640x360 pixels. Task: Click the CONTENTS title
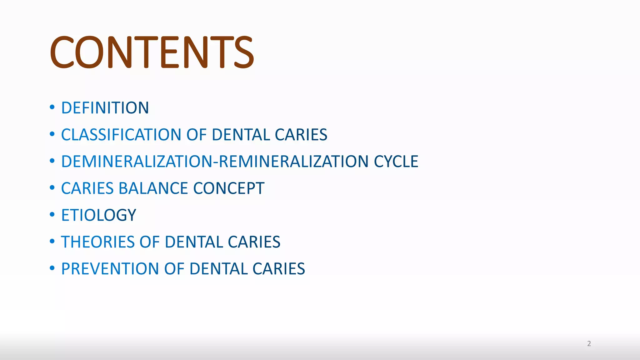(x=152, y=52)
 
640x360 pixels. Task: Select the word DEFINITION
(x=105, y=108)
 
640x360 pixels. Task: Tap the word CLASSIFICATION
(x=121, y=135)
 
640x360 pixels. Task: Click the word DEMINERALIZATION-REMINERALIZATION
(x=215, y=162)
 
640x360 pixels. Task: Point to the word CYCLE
(x=396, y=162)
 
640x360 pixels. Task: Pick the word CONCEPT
(x=229, y=188)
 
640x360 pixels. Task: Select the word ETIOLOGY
(x=99, y=215)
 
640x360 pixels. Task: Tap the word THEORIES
(x=97, y=242)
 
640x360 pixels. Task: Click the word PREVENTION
(x=110, y=269)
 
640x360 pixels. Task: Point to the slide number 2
(x=589, y=344)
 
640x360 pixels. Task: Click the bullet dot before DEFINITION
(x=52, y=107)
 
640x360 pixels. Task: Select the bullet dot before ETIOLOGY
(x=52, y=215)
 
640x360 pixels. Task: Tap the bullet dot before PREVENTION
(x=52, y=268)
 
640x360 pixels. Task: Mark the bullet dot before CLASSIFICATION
(x=52, y=134)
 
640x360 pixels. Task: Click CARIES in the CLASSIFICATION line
(x=301, y=135)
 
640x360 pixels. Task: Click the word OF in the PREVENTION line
(x=174, y=269)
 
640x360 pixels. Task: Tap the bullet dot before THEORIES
(x=52, y=241)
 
